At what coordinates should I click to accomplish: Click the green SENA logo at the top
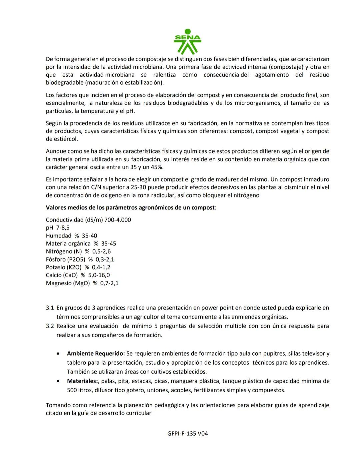coord(187,42)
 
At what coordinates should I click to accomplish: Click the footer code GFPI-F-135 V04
coord(188,434)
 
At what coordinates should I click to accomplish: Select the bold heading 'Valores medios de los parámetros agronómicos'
coord(130,207)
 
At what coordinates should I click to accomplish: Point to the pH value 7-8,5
coord(63,228)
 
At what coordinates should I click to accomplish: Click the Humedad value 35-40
coord(89,236)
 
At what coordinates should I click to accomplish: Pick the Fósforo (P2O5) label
coord(66,260)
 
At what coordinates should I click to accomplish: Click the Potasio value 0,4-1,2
coord(101,267)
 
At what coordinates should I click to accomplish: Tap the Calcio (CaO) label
coord(62,275)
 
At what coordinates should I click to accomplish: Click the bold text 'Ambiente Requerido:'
coord(96,354)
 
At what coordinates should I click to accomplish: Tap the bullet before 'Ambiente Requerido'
coord(59,354)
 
